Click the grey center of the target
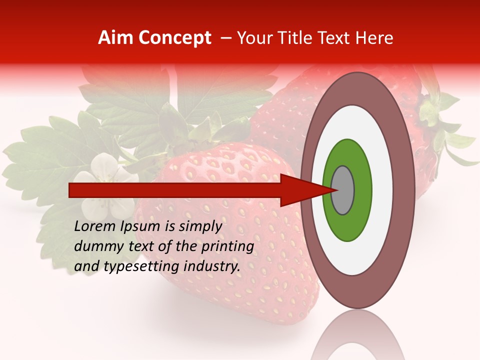(x=342, y=190)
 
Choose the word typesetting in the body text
(x=140, y=267)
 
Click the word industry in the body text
(x=212, y=266)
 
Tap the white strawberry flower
(x=105, y=185)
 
